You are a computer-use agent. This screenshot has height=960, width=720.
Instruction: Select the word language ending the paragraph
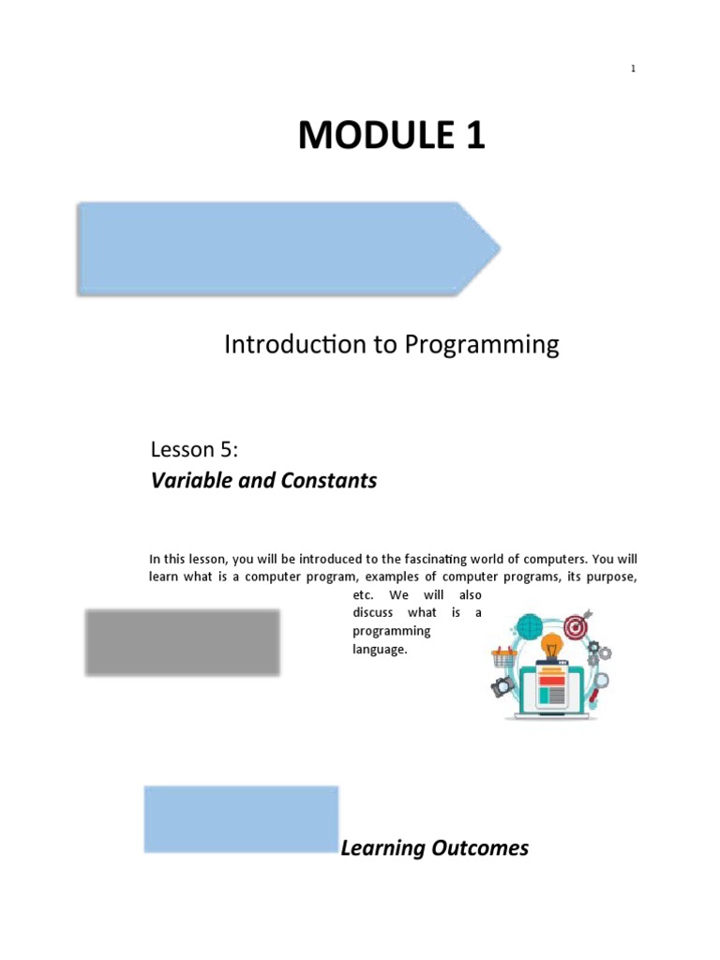point(380,649)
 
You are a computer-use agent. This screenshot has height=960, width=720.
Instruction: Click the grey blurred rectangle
point(182,642)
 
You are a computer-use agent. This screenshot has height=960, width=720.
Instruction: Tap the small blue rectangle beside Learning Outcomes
point(241,819)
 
